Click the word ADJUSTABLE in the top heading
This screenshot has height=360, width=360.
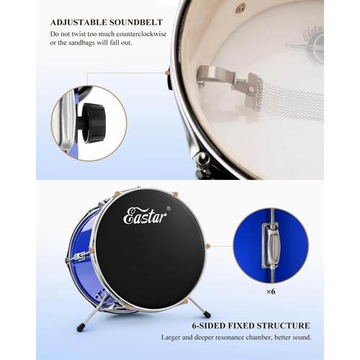point(78,22)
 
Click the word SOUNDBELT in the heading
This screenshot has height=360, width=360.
point(136,22)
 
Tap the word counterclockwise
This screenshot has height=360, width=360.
point(141,34)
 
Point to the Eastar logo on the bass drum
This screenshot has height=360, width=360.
point(145,215)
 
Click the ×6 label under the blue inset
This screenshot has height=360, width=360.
point(271,292)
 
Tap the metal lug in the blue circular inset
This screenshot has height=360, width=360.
point(271,245)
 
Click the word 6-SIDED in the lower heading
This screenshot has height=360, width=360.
point(208,325)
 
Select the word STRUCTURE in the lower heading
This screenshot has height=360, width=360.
point(283,325)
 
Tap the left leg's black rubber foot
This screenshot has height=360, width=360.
point(79,328)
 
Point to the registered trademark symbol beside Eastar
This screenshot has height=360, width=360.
point(168,208)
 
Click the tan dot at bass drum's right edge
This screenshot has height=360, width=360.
point(208,246)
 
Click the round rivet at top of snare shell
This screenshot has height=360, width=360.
point(239,9)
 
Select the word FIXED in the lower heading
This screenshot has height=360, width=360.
point(240,325)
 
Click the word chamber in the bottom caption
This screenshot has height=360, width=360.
point(259,337)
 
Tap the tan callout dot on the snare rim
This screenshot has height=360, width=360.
point(167,73)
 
